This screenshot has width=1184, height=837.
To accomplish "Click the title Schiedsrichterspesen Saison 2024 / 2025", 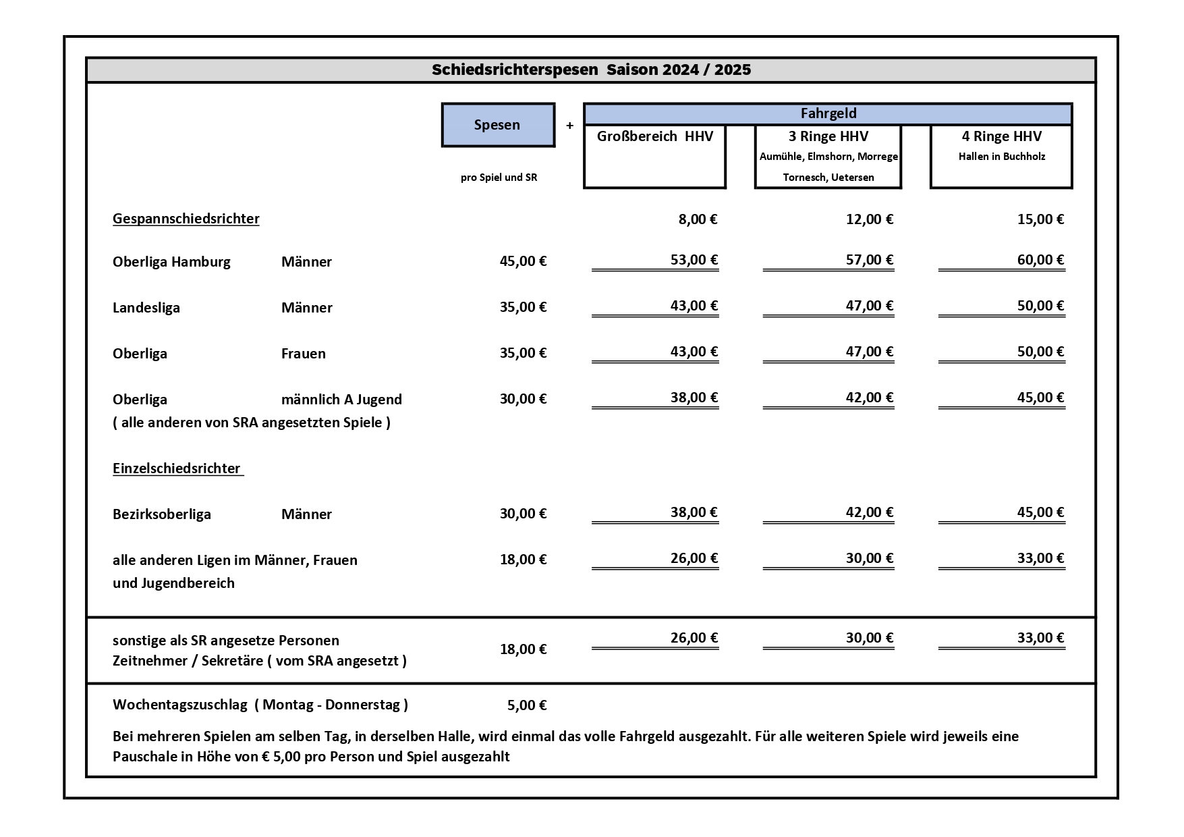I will (x=591, y=70).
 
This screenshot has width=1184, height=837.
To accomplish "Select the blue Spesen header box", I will (x=498, y=125).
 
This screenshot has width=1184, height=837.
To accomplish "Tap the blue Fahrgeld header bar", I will (x=828, y=113).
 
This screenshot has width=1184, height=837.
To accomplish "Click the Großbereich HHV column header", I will (x=654, y=136).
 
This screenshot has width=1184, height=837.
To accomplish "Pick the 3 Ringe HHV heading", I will (x=828, y=136).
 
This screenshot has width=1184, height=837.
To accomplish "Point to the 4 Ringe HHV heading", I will (x=1001, y=136).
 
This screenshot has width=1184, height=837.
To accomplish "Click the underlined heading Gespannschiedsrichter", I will (x=186, y=219).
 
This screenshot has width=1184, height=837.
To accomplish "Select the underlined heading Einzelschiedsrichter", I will (x=177, y=468).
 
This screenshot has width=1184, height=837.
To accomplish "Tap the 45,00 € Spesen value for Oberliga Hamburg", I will (x=523, y=261).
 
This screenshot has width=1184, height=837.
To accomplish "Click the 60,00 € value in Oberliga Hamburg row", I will (x=1040, y=260).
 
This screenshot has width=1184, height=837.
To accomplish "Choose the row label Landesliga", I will (x=146, y=308).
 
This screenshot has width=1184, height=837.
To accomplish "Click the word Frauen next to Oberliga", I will (x=303, y=354).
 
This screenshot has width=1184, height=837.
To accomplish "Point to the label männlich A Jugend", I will (x=341, y=400).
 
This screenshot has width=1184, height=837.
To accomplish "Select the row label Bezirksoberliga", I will (x=162, y=514).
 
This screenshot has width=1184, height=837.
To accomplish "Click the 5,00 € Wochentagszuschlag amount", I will (x=526, y=705).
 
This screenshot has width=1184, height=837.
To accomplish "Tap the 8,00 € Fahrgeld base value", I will (x=698, y=219).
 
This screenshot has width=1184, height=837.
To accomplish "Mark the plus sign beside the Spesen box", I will (x=569, y=126).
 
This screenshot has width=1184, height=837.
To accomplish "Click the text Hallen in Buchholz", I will (x=1001, y=157).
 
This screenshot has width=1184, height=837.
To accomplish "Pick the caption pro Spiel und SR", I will (x=499, y=178).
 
